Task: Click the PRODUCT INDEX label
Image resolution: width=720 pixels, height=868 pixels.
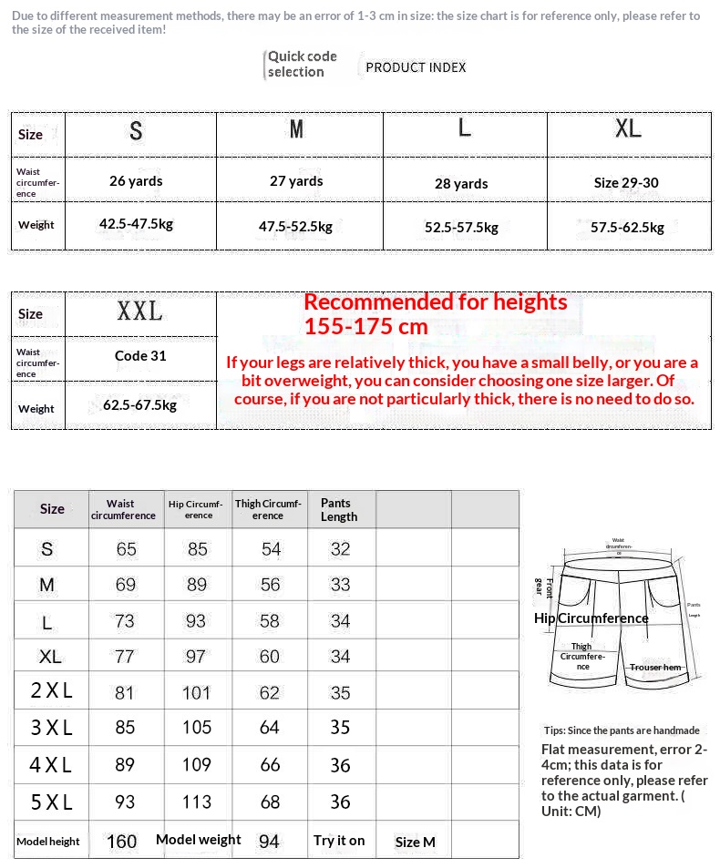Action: coord(416,67)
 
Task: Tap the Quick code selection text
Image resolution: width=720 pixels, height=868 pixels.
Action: coord(302,64)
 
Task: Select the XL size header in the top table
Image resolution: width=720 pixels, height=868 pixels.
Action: coord(628,129)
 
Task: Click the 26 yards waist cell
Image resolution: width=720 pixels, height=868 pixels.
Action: coord(136,180)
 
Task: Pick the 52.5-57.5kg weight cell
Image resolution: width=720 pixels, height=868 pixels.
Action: coord(461,227)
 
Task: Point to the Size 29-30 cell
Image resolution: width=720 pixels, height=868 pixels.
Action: coord(626,182)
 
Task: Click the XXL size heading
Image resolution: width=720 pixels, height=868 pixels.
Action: coord(139,311)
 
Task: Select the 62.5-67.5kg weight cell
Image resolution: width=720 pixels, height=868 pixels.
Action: coord(139,404)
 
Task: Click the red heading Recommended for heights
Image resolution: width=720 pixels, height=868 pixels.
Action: coord(435,302)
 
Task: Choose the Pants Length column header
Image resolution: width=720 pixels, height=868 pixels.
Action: coord(339,509)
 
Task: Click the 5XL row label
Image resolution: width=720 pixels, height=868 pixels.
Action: coord(51,802)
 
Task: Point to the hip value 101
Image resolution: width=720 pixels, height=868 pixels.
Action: coord(196,692)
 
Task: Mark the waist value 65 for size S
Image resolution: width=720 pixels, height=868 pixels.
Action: coord(126,549)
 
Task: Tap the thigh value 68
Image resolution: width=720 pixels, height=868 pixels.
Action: coord(270,802)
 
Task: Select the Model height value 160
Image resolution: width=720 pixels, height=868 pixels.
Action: coord(122,842)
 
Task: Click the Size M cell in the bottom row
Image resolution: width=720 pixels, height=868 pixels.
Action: coord(416,842)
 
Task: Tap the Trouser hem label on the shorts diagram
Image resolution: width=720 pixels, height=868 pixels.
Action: coord(655,668)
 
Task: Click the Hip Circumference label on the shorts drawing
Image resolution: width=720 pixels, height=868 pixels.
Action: coord(591,618)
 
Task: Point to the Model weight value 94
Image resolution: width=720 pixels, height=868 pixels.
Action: coord(269,842)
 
